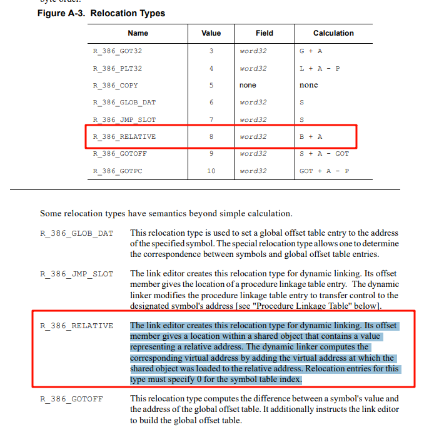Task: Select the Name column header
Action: coord(138,33)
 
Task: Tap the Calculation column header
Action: coord(333,33)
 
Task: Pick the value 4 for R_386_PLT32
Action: coord(211,68)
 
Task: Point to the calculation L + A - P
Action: coord(320,68)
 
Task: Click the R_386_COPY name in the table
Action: coord(115,85)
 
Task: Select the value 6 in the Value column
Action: coord(211,102)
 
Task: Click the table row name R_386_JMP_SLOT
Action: coord(124,119)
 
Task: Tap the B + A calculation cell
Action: coord(311,136)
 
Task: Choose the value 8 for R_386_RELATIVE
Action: coord(211,136)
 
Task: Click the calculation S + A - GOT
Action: coord(324,153)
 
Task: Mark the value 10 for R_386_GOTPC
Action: coord(211,171)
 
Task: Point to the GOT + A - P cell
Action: coord(324,171)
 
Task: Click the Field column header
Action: coord(265,33)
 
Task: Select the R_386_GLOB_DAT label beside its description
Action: coord(77,234)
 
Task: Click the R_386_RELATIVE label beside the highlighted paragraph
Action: coord(77,326)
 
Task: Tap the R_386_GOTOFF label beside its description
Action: coord(71,399)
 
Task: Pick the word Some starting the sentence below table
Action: coord(51,213)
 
